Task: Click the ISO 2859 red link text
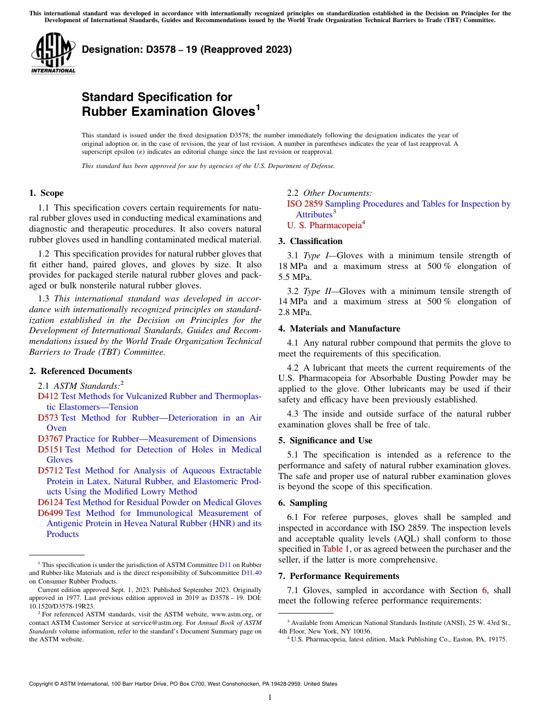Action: click(x=305, y=204)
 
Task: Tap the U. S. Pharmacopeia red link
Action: click(x=324, y=225)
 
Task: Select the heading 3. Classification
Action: click(x=310, y=241)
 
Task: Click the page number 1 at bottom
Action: click(x=270, y=698)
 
